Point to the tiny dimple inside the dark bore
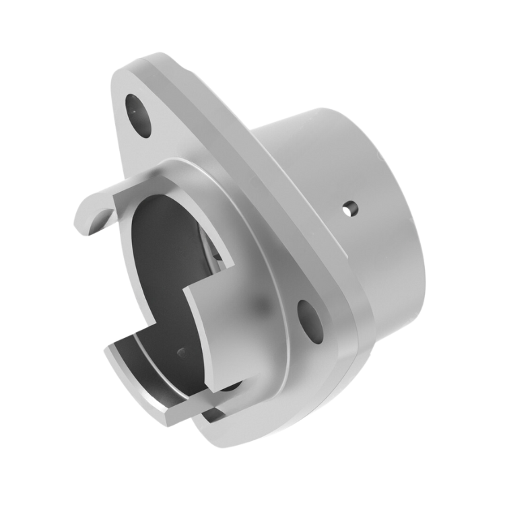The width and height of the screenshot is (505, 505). tap(180, 351)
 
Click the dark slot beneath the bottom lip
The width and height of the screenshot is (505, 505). tap(217, 412)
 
